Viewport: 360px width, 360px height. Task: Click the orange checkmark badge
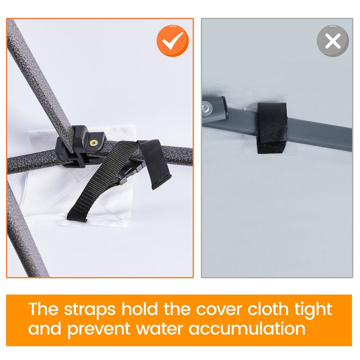[173, 41]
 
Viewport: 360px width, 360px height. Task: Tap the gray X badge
[333, 41]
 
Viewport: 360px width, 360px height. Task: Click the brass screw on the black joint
[93, 143]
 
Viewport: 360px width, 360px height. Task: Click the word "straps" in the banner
[90, 310]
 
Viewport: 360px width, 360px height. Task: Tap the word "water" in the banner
[161, 329]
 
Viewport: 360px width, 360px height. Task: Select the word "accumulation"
[247, 329]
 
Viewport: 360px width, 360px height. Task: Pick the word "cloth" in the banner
[268, 309]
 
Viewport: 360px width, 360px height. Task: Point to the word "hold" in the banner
[139, 309]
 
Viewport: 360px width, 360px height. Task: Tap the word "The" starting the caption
[43, 309]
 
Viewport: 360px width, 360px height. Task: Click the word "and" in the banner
[45, 329]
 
